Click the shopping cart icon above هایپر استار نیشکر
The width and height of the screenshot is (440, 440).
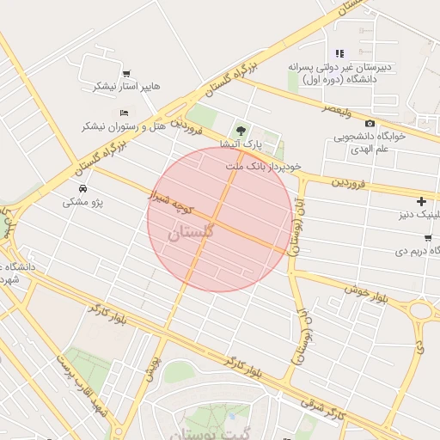coord(127,73)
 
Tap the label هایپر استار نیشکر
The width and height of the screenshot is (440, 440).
coord(117,87)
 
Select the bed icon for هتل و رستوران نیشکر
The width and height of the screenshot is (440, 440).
coord(125,113)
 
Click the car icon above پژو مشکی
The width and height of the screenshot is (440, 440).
coord(82,188)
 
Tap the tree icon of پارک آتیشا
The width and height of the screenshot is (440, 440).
coord(241,130)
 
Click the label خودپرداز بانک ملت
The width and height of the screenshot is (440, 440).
coord(266,164)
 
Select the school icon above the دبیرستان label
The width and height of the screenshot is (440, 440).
coord(339,53)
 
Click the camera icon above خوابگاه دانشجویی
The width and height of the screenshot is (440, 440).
coord(370,123)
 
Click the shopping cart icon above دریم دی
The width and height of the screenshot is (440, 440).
coord(428,238)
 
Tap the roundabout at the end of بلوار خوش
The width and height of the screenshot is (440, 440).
coord(421,310)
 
